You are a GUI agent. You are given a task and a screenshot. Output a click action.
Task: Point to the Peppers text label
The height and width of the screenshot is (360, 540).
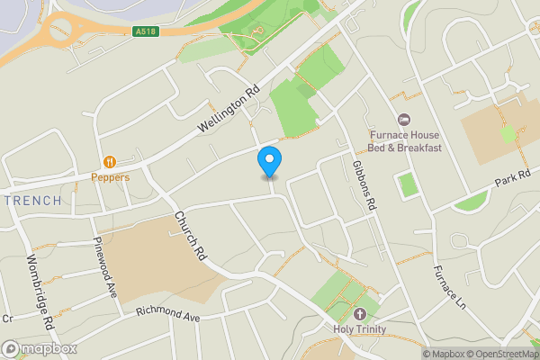(x=110, y=177)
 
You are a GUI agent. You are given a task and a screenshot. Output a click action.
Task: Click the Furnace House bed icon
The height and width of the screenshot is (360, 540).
(x=404, y=120)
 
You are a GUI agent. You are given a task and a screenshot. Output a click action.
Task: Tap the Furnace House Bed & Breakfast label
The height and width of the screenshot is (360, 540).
(x=405, y=141)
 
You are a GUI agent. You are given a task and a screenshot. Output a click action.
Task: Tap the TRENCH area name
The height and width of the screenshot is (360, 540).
(x=32, y=200)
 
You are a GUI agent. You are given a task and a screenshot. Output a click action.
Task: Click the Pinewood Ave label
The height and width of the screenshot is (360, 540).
(x=106, y=267)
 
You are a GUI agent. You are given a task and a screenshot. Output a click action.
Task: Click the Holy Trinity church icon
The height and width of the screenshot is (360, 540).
(x=361, y=314)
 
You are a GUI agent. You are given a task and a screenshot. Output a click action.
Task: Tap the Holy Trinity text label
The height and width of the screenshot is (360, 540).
(x=361, y=329)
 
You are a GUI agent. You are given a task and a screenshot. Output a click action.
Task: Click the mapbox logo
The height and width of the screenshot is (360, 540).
(x=40, y=347)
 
